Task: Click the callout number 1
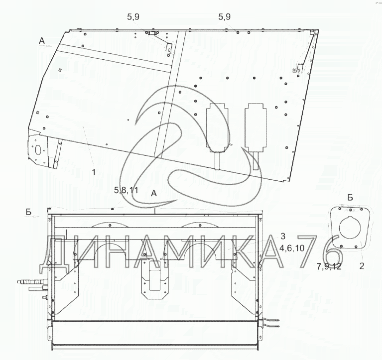pos(94,172)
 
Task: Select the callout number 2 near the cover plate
pos(362,266)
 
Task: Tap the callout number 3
pos(282,236)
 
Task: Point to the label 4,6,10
pos(292,248)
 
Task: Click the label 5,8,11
pos(126,190)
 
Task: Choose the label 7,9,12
pos(329,266)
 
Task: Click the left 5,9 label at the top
pos(133,17)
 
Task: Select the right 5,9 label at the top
pos(225,17)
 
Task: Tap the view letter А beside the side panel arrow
pos(42,41)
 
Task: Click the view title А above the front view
pos(154,193)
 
